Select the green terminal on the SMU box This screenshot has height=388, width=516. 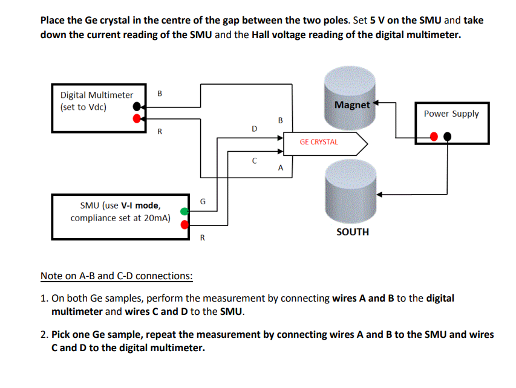click(x=185, y=212)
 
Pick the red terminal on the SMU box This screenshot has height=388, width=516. click(x=185, y=224)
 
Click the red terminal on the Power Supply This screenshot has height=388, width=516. click(x=434, y=137)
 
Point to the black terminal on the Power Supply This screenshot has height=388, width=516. click(x=447, y=137)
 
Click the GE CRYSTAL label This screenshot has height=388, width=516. click(x=319, y=142)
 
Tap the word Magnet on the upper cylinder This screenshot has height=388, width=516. click(x=351, y=105)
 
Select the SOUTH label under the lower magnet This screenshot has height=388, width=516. click(x=352, y=232)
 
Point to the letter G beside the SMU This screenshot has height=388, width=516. click(x=203, y=201)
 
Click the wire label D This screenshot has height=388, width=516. click(x=254, y=129)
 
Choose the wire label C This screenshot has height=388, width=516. click(x=254, y=161)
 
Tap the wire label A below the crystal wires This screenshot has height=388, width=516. click(x=280, y=169)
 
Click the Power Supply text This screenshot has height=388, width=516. click(x=451, y=114)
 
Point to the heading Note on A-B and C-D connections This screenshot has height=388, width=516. click(x=116, y=276)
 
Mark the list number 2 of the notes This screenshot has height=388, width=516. click(x=44, y=334)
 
